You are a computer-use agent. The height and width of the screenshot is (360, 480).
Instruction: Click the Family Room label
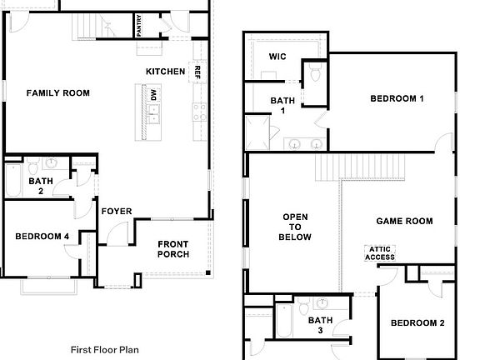(58, 93)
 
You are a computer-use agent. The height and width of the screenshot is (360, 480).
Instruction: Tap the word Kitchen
(165, 72)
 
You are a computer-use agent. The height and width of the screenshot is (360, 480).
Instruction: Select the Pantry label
(139, 25)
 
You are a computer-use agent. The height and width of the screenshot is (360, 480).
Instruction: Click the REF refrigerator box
(197, 72)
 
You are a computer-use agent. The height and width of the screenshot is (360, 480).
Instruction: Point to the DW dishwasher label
(153, 95)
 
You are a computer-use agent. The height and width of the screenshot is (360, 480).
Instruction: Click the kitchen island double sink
(153, 114)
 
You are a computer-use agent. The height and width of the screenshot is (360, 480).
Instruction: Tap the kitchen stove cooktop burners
(199, 112)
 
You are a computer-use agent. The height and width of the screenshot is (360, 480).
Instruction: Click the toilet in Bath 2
(32, 166)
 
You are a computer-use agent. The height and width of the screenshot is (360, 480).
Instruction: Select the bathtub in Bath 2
(12, 180)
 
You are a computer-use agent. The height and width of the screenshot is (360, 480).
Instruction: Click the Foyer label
(117, 211)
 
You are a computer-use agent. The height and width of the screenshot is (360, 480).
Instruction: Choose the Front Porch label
(173, 249)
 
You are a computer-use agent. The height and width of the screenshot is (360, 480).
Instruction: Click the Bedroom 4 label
(42, 237)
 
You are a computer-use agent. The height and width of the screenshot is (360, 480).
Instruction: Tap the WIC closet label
(277, 57)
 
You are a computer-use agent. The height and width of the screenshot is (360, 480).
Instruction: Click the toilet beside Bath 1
(315, 72)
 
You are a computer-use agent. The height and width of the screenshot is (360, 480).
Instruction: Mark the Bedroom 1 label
(397, 98)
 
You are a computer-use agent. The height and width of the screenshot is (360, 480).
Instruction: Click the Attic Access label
(380, 253)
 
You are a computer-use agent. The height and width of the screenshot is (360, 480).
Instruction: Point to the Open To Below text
(295, 227)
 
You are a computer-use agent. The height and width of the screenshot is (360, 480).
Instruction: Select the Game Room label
(405, 221)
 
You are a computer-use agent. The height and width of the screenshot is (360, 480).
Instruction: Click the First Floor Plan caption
(105, 350)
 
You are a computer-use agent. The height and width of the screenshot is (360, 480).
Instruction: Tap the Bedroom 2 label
(417, 323)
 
